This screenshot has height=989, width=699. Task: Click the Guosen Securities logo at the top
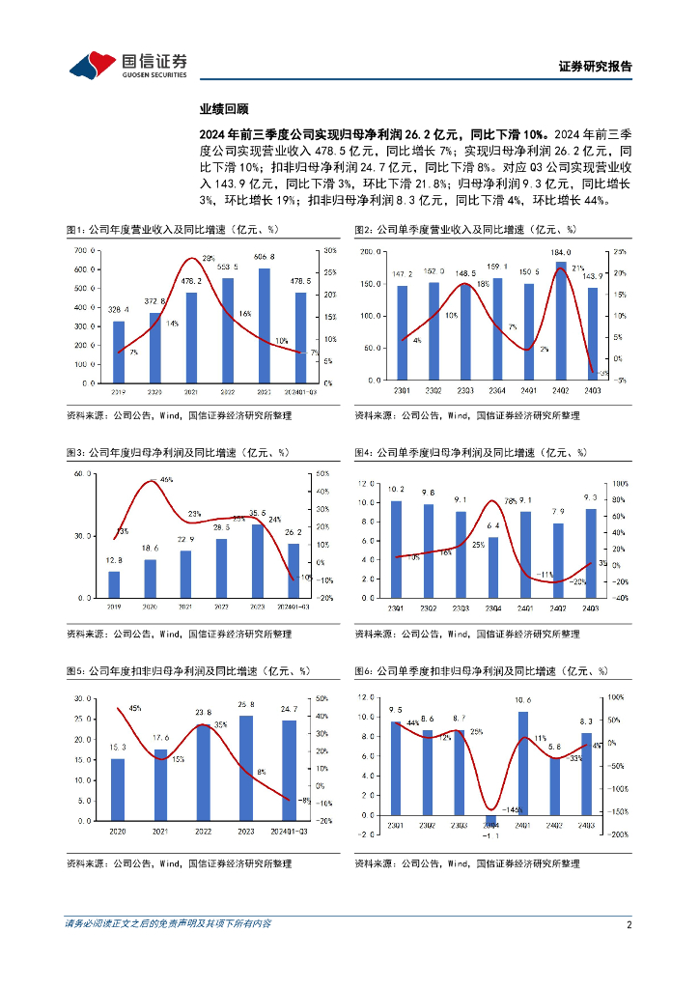point(127,65)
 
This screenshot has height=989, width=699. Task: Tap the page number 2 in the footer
point(629,924)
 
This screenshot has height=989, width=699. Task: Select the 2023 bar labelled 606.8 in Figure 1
point(264,325)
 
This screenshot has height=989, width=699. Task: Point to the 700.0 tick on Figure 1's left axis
point(84,250)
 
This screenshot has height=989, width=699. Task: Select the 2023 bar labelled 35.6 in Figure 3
point(258,561)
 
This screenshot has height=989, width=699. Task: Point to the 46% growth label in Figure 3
point(166,480)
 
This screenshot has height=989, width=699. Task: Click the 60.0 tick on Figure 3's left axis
point(84,474)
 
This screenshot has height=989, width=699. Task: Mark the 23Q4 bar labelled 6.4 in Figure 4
point(493,567)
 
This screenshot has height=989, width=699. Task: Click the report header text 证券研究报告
point(596,67)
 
